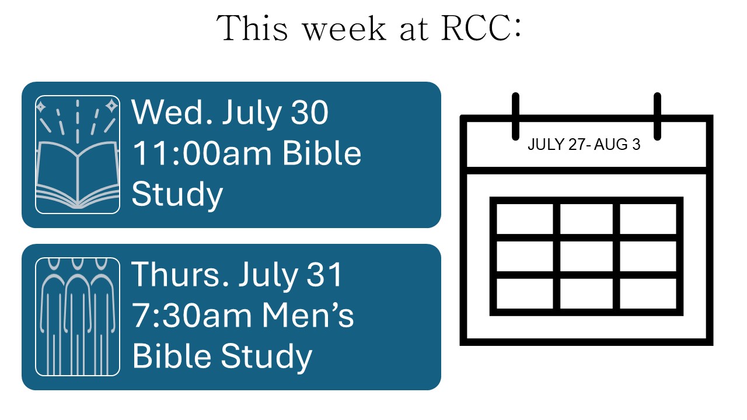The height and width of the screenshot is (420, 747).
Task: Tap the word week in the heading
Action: point(345,28)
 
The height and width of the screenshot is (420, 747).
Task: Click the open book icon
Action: point(78,155)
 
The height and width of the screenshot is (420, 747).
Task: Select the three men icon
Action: point(78,317)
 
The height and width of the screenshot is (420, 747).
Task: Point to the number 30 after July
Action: point(309,113)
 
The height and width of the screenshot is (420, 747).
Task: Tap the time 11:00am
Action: point(202,153)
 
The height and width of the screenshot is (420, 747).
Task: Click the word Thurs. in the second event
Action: point(180,275)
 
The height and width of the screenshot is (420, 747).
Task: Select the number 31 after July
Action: point(324,275)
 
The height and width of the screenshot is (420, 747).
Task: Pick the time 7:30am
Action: point(192,316)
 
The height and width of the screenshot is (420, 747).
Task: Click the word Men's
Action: point(308,316)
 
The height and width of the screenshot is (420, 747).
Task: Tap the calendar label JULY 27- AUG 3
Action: point(584,144)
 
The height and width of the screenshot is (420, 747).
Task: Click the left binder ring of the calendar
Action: point(515,116)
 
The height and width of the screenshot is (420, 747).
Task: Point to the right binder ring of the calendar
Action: point(657,116)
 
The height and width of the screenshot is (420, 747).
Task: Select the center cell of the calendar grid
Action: point(587,256)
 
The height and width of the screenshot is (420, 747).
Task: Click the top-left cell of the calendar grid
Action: point(525,219)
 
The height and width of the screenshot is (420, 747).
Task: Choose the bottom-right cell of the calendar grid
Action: point(648,293)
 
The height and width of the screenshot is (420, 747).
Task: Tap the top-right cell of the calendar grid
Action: point(648,219)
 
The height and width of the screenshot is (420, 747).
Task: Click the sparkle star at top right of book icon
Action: point(111,106)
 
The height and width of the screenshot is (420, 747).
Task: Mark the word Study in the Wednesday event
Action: point(177,195)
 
